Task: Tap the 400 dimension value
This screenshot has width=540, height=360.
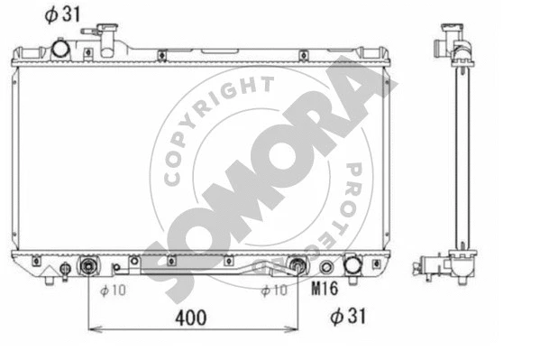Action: [191, 317]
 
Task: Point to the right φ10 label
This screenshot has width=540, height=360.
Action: [273, 290]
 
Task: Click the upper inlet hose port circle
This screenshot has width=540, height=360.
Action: [61, 47]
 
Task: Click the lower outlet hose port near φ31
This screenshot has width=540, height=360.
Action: [352, 266]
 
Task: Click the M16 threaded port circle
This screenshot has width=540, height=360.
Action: [327, 267]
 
